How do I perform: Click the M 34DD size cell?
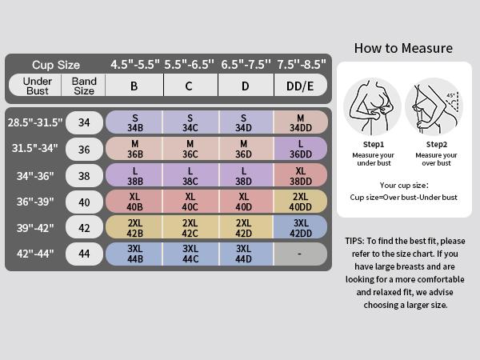click(301, 122)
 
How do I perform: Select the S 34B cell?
click(134, 122)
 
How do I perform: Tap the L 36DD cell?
click(301, 149)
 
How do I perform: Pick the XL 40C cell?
click(190, 202)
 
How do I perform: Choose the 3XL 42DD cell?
click(301, 227)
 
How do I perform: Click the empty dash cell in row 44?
click(301, 254)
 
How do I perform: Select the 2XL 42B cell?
click(134, 227)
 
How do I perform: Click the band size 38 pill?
click(84, 176)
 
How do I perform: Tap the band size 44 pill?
click(84, 254)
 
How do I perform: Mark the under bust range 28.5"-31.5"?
click(35, 122)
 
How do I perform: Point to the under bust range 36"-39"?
click(35, 202)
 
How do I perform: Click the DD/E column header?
click(300, 86)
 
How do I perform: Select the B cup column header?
click(134, 86)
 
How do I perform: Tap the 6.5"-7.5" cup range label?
click(246, 65)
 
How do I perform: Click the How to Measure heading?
click(403, 48)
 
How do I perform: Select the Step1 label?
click(374, 144)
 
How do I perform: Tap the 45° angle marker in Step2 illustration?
click(450, 96)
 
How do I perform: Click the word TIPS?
click(354, 241)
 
